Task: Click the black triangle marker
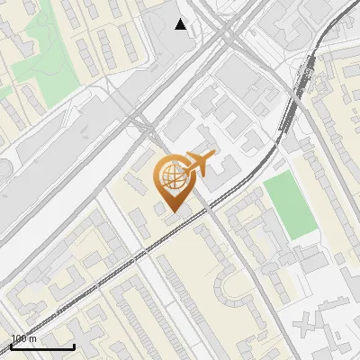[181, 24]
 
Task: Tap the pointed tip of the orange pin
[172, 213]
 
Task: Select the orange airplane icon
[199, 164]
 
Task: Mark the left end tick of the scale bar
[10, 346]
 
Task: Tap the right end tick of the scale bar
[74, 346]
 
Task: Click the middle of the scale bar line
[41, 347]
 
